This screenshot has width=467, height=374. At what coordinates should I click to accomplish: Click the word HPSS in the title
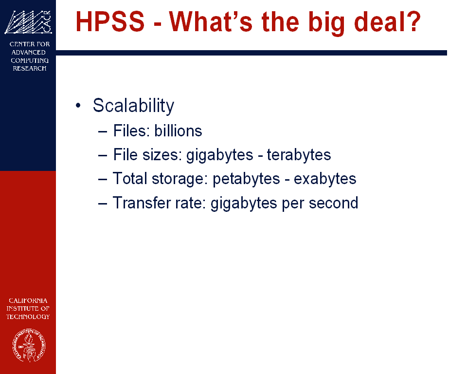point(110,21)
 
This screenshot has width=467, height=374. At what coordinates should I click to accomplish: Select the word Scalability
point(133,106)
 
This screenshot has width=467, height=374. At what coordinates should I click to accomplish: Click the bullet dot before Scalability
point(78,106)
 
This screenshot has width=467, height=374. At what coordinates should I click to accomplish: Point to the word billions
point(178,131)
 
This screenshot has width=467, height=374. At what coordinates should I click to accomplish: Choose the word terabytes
point(299,155)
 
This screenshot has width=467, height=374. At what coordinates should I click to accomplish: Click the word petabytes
point(246,179)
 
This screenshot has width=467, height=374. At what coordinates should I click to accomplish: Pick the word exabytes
point(325,179)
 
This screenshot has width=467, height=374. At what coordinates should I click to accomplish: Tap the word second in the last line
point(333,203)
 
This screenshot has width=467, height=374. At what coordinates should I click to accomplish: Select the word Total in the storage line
point(130,178)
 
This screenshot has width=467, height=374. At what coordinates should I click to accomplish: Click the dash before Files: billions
point(103,131)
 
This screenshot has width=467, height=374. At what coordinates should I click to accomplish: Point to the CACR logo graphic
point(28,22)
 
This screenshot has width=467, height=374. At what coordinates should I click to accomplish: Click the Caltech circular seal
point(29,345)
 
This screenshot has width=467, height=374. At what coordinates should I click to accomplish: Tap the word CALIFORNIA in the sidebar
point(28,300)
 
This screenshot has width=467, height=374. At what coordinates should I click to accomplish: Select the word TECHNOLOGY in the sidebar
point(28,317)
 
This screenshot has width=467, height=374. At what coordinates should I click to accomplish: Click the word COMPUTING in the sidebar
point(30,60)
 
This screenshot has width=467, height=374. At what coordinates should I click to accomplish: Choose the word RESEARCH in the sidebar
point(30,68)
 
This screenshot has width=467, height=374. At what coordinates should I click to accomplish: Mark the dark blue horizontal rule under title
point(251,53)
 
